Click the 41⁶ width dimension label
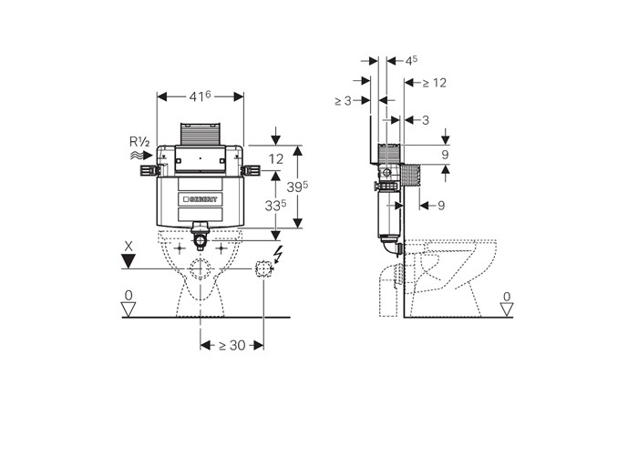coord(200,96)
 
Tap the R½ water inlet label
coord(139,142)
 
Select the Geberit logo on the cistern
coord(201,199)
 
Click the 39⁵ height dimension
coord(297,187)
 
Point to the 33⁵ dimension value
coord(275,206)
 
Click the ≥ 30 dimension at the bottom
coord(232,345)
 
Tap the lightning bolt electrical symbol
coord(279,254)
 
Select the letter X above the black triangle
coord(129,247)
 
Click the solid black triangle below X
coord(129,261)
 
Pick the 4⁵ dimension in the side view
coord(411,61)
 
